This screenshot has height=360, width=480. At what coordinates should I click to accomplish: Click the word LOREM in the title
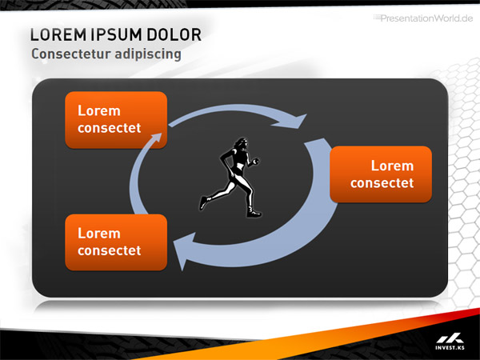click(x=58, y=34)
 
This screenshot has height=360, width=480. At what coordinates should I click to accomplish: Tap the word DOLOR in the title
click(x=174, y=34)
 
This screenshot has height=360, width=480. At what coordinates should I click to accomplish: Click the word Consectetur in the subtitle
click(x=70, y=54)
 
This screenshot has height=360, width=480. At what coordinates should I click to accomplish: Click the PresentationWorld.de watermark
click(x=423, y=18)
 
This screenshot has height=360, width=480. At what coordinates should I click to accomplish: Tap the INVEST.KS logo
click(x=450, y=342)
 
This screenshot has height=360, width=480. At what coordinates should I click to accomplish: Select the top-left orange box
click(x=116, y=120)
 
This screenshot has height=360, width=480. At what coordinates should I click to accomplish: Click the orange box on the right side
click(x=381, y=174)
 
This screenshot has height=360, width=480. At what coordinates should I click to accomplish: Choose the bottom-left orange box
click(x=116, y=242)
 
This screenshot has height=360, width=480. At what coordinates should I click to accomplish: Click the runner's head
click(x=242, y=144)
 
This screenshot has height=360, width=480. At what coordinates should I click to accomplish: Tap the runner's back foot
click(x=203, y=202)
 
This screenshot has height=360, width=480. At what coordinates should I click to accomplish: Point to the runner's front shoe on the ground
click(x=254, y=212)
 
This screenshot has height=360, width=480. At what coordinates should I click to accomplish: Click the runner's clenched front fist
click(x=256, y=161)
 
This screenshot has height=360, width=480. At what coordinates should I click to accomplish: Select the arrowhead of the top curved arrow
click(x=290, y=122)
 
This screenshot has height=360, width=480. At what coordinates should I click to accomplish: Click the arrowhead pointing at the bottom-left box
click(x=184, y=250)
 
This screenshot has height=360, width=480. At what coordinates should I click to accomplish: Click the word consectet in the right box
click(x=382, y=183)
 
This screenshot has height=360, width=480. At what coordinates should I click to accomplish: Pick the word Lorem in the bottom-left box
click(x=99, y=234)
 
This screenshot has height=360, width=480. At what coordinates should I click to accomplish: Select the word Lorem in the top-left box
click(x=99, y=110)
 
